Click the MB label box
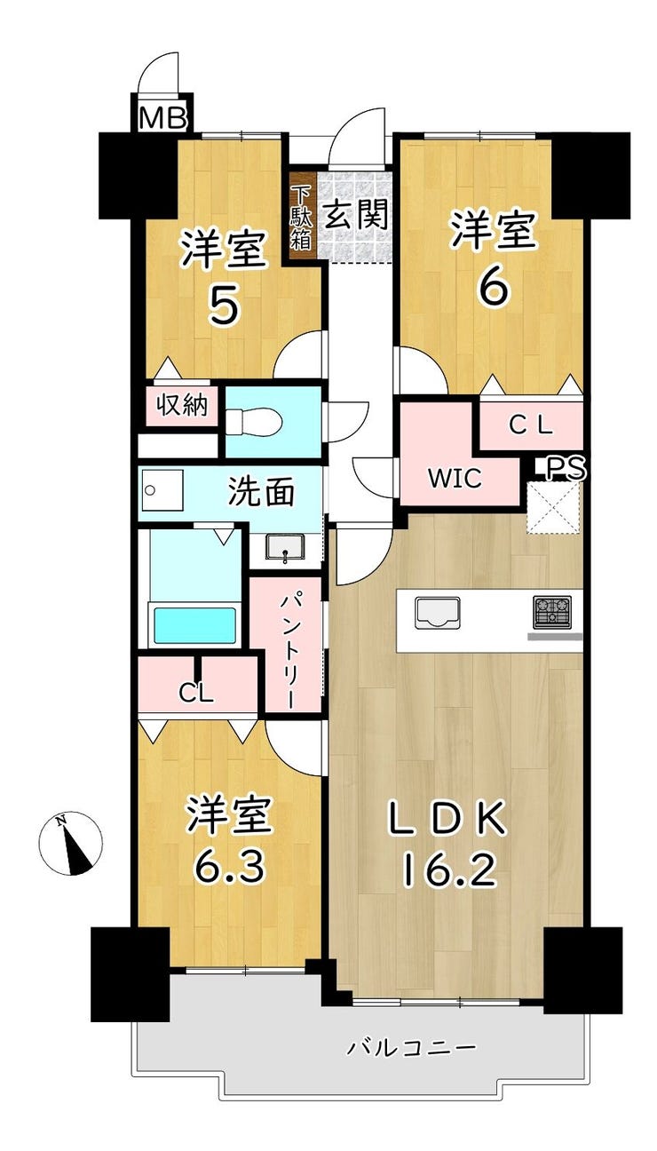click(x=162, y=118)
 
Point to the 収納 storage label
click(x=182, y=406)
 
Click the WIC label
click(x=455, y=479)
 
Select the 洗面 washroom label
click(x=262, y=492)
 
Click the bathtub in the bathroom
click(x=195, y=624)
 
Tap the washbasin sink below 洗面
click(x=285, y=548)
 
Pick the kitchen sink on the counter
click(x=437, y=613)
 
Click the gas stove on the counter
click(x=552, y=612)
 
